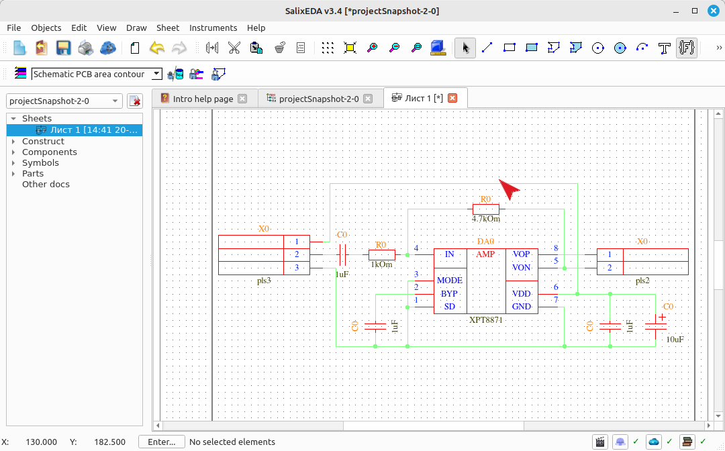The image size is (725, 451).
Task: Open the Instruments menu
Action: tap(213, 28)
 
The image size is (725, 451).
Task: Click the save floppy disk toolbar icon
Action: tap(63, 48)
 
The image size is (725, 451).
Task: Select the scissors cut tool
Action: tap(234, 48)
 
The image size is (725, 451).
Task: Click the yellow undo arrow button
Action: tap(157, 48)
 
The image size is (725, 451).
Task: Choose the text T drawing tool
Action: tap(665, 48)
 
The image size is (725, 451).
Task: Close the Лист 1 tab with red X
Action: tap(452, 98)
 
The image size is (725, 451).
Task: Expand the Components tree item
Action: tap(13, 152)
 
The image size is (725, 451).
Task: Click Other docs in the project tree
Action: tap(46, 184)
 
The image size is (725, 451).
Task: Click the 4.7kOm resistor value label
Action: tap(486, 219)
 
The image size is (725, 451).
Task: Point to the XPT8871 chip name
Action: tap(485, 319)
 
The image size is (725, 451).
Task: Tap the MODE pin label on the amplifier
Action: tap(449, 281)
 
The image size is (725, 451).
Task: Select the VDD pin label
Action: tap(522, 294)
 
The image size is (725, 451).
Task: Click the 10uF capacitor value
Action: tap(675, 340)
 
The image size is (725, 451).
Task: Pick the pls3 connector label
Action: tap(264, 281)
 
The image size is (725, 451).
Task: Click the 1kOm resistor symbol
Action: tap(382, 254)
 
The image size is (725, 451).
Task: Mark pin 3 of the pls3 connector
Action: tap(297, 268)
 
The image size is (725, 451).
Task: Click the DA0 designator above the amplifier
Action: tap(486, 242)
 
